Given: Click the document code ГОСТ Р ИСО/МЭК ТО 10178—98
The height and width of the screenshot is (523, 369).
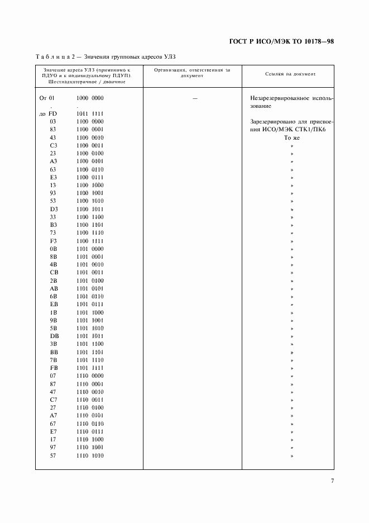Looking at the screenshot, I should [281, 42].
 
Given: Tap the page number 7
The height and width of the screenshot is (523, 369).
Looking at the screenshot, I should [332, 481].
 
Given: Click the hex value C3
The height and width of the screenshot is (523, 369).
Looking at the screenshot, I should [54, 145].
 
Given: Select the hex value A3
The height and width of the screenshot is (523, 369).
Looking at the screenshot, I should [54, 161].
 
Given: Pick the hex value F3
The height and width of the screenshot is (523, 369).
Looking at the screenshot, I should [54, 240].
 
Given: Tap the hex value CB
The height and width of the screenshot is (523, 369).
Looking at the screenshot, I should [54, 272].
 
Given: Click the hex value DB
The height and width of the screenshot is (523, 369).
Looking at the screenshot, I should [54, 336].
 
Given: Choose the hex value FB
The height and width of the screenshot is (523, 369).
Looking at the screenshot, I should [54, 368].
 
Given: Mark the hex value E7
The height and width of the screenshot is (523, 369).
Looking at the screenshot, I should [54, 431].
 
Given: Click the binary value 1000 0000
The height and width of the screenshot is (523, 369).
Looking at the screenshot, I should [90, 98].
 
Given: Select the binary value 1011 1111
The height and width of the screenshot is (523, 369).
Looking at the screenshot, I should [90, 113].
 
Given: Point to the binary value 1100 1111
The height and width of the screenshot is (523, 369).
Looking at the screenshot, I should [90, 240].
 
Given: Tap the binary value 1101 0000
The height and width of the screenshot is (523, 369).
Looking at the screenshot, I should [90, 248].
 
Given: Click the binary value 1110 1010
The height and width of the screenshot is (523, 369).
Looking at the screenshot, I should [90, 455].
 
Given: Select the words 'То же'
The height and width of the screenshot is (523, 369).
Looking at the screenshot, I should [292, 137].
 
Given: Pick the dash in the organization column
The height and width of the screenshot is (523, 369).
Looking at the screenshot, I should [194, 98].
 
